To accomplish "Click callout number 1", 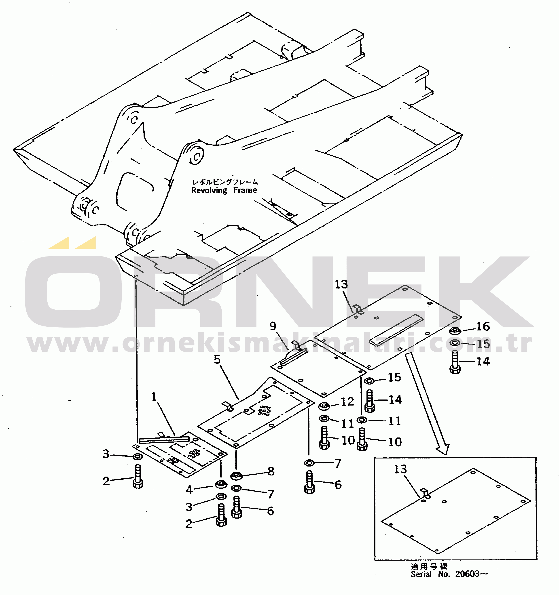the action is [x=154, y=397].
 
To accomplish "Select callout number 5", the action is [x=217, y=360].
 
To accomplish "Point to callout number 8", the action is [x=271, y=471].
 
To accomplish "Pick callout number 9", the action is [x=273, y=326].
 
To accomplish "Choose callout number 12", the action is [x=347, y=402].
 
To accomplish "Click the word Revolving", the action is [x=209, y=190].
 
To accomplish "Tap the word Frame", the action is [x=245, y=190].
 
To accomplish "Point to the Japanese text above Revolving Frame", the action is [x=225, y=182].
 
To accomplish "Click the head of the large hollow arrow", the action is [x=443, y=449].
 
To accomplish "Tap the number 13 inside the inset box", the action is [x=400, y=469].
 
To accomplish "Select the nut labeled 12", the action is [x=324, y=406].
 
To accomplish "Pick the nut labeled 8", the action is [x=236, y=475].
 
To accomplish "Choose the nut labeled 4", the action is [x=221, y=484].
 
